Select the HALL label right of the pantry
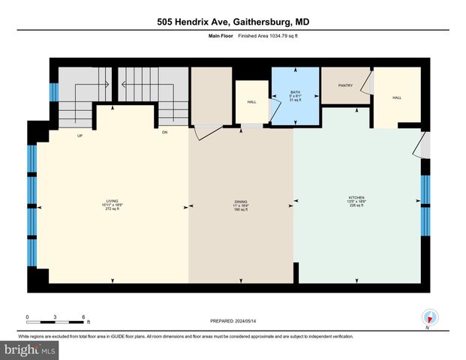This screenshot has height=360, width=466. tap(397, 96)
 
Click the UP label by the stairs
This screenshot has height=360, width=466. tap(79, 136)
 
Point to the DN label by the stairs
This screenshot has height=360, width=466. tap(164, 133)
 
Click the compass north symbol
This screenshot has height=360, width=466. tap(429, 318)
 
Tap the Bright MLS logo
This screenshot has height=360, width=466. tap(30, 350)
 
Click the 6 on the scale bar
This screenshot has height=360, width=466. tap(83, 316)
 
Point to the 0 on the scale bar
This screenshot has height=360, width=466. tap(28, 316)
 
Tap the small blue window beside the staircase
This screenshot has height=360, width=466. tap(53, 91)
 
